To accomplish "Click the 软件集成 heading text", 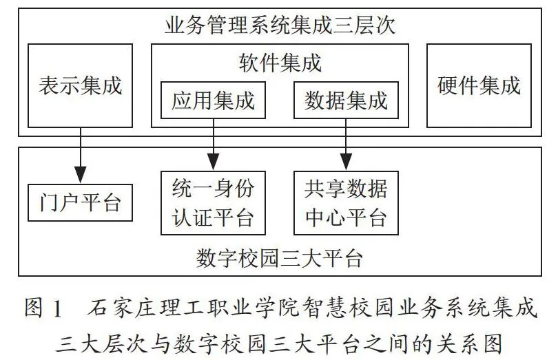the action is [280, 63].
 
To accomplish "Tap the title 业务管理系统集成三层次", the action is [280, 25].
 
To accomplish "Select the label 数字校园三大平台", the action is [280, 258].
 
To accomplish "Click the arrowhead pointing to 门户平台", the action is [81, 175].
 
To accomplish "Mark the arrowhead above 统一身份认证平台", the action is [213, 162].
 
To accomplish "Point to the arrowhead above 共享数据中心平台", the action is [346, 162].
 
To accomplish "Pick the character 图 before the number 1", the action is [34, 308].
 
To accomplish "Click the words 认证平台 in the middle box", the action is [213, 217].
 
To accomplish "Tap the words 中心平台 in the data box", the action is [346, 217].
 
